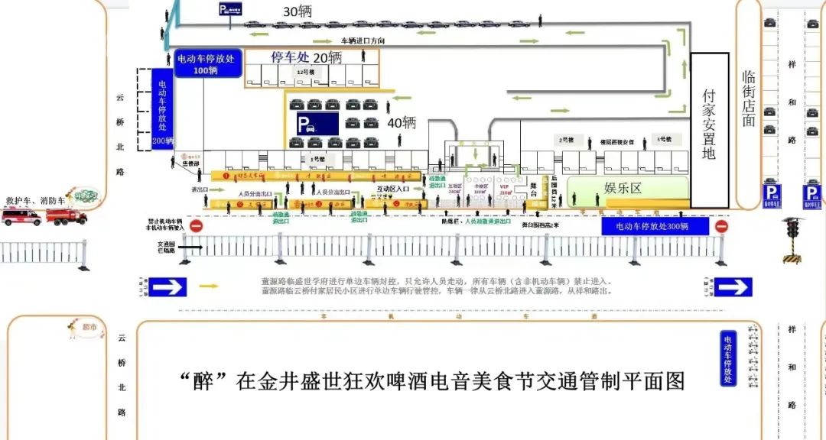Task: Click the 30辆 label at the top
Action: pos(298,11)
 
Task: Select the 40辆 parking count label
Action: pos(401,122)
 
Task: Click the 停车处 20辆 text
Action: pos(305,57)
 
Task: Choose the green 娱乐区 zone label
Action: pos(623,188)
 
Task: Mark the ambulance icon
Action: pos(22,216)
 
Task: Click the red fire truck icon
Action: pos(66,216)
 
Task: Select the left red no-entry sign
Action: pos(197,226)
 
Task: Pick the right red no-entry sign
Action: pos(720,226)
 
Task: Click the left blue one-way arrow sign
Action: pos(167,286)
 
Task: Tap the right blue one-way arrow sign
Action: pos(733,286)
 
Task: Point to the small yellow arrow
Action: pos(208,286)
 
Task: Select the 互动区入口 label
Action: pos(393,188)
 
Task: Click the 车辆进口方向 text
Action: pos(363,40)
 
